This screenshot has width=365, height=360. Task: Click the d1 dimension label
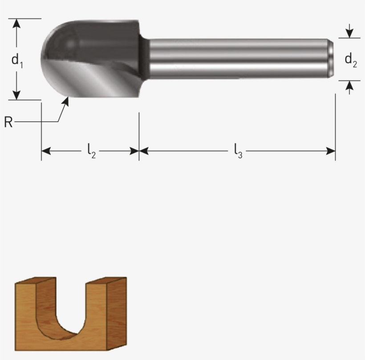[17, 60]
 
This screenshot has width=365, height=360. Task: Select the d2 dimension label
[350, 60]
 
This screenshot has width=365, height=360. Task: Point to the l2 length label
[91, 152]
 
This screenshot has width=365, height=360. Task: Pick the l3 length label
[238, 152]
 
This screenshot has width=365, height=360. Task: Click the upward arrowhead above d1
[17, 23]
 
